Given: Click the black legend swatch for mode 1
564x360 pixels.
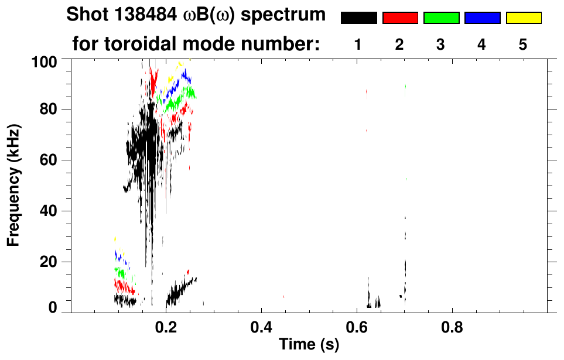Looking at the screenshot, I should [358, 18].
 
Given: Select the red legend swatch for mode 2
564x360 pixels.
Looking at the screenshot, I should [400, 18].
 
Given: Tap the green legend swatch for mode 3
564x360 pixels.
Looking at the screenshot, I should [441, 18].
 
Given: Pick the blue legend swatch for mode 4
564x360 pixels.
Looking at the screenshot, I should [482, 18].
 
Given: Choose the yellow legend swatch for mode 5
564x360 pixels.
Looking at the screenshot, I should [524, 18].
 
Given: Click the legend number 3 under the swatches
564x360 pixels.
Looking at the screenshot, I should [441, 44].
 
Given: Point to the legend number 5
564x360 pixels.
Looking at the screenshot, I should [523, 44].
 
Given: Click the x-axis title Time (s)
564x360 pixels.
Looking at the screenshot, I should [309, 345].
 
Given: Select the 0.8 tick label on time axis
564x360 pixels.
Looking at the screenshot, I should [451, 327].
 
